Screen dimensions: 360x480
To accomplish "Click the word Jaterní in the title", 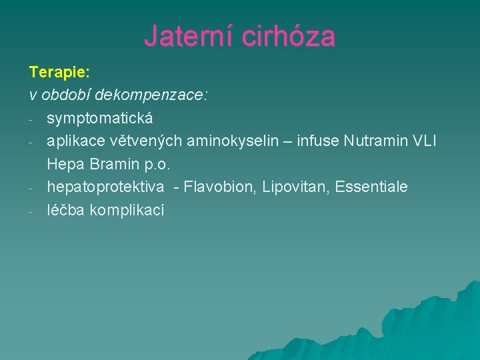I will click(x=188, y=36).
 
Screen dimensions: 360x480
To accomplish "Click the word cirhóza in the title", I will click(x=288, y=36).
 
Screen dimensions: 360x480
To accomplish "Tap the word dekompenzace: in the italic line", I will click(x=151, y=95).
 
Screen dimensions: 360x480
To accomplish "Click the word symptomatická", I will click(x=100, y=118).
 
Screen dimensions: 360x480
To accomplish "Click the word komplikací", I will click(x=127, y=210).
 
